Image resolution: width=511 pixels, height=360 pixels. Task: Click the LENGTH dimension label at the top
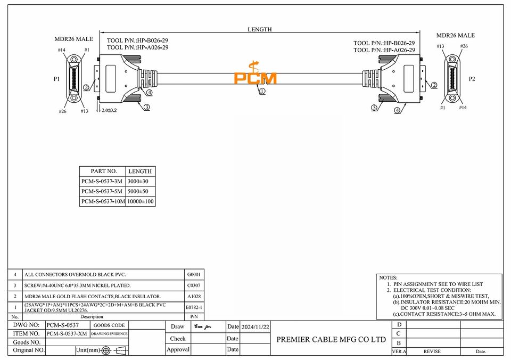click(x=260, y=30)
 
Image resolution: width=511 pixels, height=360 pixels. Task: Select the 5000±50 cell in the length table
click(x=141, y=191)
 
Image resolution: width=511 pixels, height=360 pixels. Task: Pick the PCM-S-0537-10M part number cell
click(x=103, y=201)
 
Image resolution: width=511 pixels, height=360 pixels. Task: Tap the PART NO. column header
click(x=103, y=171)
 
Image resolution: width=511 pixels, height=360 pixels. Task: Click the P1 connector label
click(x=57, y=78)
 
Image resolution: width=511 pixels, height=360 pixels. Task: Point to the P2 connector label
click(x=472, y=78)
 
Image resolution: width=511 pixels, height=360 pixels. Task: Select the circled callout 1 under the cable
click(x=262, y=91)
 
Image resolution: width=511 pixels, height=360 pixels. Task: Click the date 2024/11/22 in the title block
click(x=256, y=326)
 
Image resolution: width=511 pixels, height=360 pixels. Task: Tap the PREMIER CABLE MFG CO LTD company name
click(x=331, y=339)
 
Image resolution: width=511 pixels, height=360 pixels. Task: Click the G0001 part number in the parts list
click(x=194, y=275)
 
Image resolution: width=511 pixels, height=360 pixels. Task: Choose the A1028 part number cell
click(x=194, y=296)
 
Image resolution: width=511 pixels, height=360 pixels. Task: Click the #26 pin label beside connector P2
click(x=464, y=46)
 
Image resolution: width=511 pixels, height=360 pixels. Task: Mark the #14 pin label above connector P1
click(x=62, y=50)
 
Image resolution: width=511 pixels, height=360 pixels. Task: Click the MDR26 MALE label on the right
click(x=455, y=35)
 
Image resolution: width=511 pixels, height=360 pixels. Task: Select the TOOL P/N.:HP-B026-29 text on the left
click(x=137, y=40)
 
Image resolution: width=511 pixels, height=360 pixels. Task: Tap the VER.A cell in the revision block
click(x=399, y=351)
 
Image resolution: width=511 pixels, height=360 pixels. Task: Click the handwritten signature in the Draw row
click(x=203, y=326)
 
